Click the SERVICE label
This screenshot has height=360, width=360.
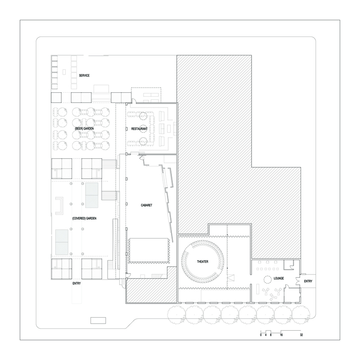click(x=84, y=76)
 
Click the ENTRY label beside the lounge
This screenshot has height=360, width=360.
click(x=308, y=281)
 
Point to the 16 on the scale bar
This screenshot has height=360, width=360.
click(x=281, y=335)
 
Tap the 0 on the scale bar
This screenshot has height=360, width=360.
click(x=261, y=335)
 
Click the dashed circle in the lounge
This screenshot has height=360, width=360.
click(x=267, y=279)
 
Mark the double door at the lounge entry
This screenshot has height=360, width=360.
click(x=298, y=281)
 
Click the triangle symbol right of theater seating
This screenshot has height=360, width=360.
click(x=232, y=279)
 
